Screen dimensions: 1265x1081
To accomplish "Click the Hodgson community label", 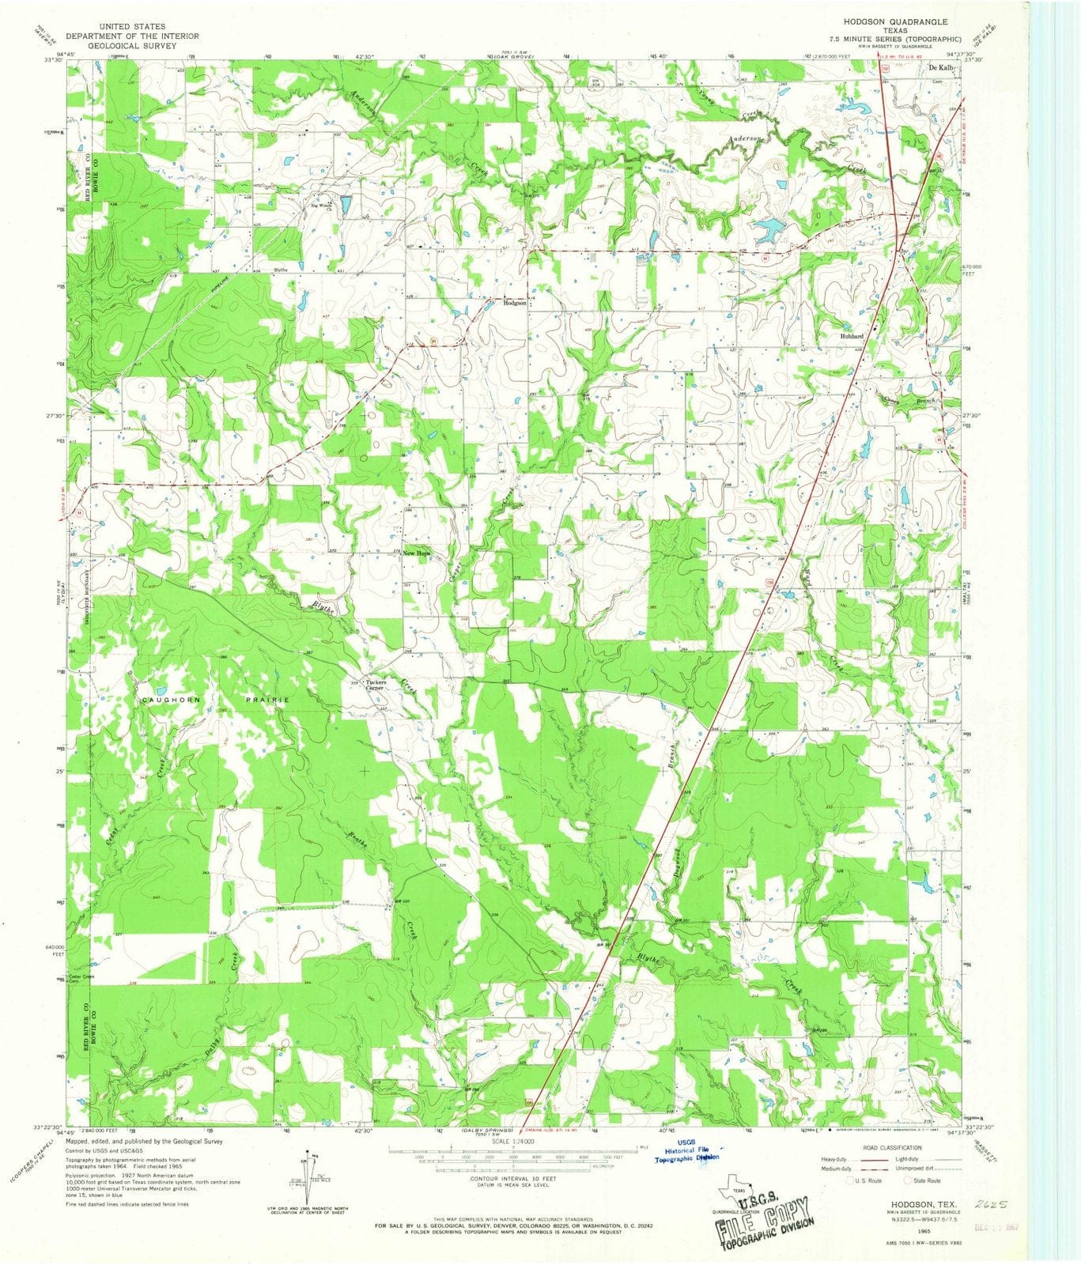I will [516, 303].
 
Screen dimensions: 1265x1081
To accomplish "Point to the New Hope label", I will [417, 553].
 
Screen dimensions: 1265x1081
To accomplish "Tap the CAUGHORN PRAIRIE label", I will [215, 700].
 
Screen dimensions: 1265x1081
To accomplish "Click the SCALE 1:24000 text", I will [512, 1142].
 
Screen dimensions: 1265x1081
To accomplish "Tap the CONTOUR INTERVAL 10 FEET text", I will [512, 1177].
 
